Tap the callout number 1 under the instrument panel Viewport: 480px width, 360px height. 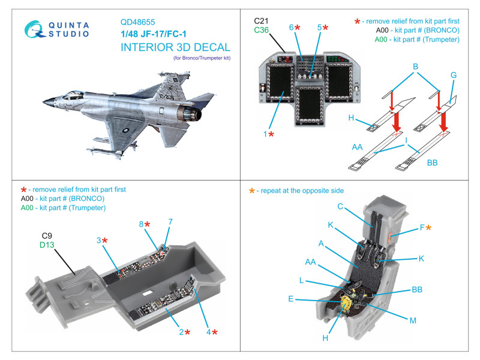coord(265,134)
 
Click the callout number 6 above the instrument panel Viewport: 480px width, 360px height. coord(291,28)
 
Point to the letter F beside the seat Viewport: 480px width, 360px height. coord(421,227)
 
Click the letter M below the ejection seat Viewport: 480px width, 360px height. coord(413,321)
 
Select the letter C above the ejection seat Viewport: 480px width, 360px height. coord(340,207)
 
